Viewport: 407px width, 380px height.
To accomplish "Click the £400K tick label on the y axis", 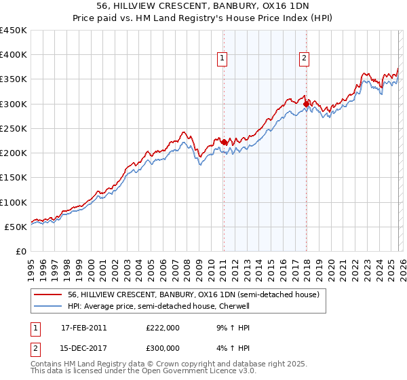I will pyautogui.click(x=14, y=55).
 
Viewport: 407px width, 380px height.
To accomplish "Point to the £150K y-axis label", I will pyautogui.click(x=14, y=177).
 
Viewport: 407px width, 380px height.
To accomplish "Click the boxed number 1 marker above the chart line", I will pyautogui.click(x=223, y=59).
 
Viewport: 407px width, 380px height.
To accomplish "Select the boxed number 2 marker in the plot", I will pyautogui.click(x=305, y=59).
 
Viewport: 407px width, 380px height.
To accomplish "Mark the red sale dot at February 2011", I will pyautogui.click(x=224, y=142).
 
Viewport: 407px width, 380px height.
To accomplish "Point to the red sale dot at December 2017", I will pyautogui.click(x=306, y=104).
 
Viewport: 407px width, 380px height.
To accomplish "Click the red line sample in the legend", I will pyautogui.click(x=48, y=294).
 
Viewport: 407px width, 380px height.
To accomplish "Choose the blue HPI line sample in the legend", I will pyautogui.click(x=48, y=306).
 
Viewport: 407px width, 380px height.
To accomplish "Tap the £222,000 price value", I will pyautogui.click(x=163, y=327).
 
